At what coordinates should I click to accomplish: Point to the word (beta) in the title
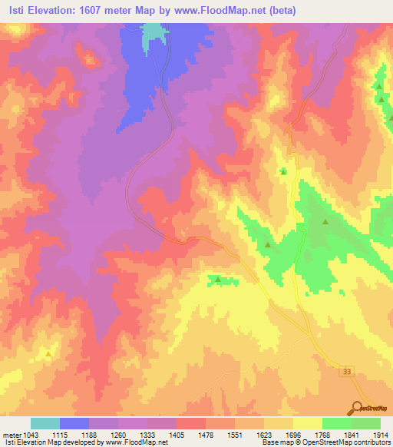pyautogui.click(x=285, y=11)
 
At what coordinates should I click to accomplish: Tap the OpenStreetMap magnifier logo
pyautogui.click(x=357, y=409)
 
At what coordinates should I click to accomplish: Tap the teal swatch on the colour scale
pyautogui.click(x=45, y=423)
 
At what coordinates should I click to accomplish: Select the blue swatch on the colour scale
pyautogui.click(x=74, y=423)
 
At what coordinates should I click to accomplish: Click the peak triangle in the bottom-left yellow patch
pyautogui.click(x=48, y=354)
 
